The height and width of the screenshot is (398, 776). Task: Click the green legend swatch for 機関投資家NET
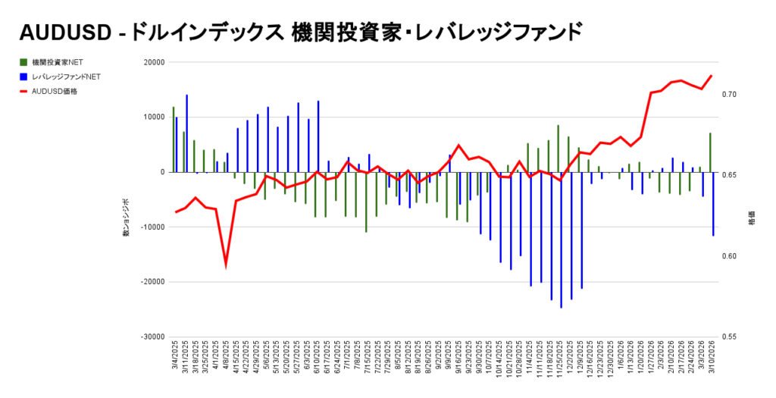(24, 62)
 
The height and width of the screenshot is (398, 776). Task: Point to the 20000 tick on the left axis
(154, 62)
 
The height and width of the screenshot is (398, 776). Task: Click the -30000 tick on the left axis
(152, 337)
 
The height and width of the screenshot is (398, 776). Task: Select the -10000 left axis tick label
(152, 227)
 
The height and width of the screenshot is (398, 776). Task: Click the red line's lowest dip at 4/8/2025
(226, 266)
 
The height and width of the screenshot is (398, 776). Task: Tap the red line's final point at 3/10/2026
(711, 76)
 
